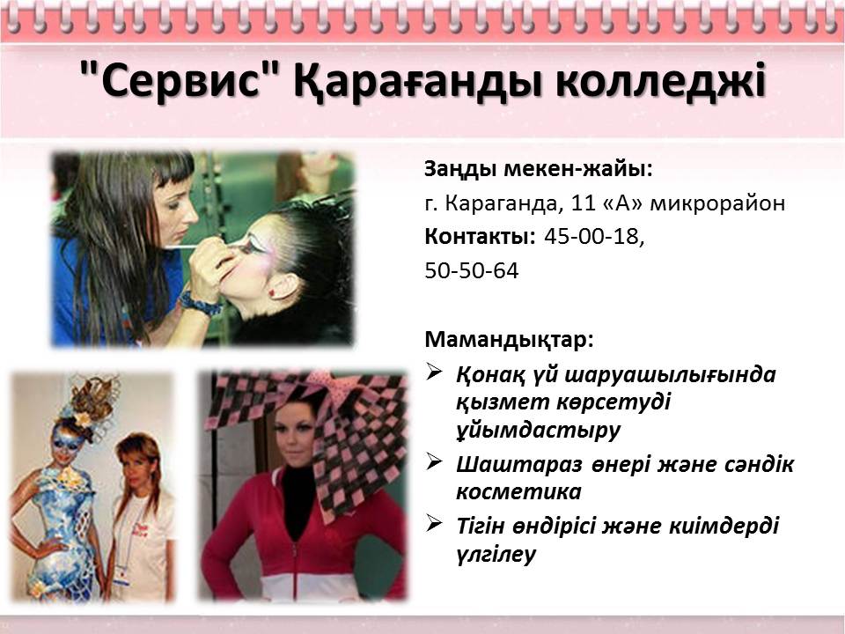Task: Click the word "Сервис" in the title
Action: pyautogui.click(x=181, y=79)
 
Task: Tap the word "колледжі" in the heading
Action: pyautogui.click(x=661, y=81)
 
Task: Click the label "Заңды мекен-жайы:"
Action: pyautogui.click(x=539, y=169)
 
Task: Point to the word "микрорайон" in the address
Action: pyautogui.click(x=717, y=204)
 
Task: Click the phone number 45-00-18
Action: pyautogui.click(x=594, y=237)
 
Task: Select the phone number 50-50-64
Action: pyautogui.click(x=472, y=270)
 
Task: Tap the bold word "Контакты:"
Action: pyautogui.click(x=480, y=237)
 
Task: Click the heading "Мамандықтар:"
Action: pyautogui.click(x=509, y=340)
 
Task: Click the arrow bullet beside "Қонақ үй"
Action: pyautogui.click(x=434, y=371)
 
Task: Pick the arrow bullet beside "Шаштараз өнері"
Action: pyautogui.click(x=434, y=461)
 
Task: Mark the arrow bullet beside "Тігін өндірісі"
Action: pyautogui.click(x=434, y=522)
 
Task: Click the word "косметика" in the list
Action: pyautogui.click(x=518, y=491)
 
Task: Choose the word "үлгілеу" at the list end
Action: pyautogui.click(x=496, y=555)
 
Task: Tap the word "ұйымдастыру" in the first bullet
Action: pyautogui.click(x=539, y=431)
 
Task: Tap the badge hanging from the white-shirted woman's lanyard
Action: pyautogui.click(x=121, y=575)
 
